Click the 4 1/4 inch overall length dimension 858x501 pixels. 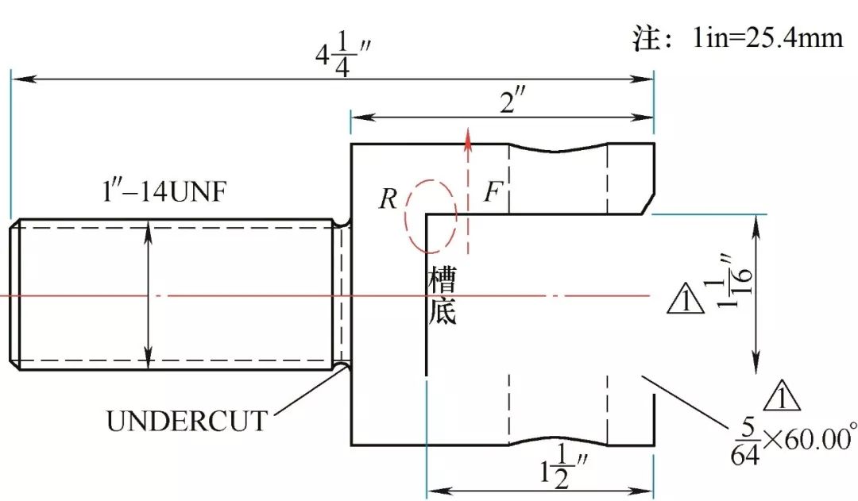pos(343,55)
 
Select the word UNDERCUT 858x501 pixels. pos(187,420)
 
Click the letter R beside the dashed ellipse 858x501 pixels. pos(388,198)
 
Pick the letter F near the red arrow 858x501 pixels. pos(493,193)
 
